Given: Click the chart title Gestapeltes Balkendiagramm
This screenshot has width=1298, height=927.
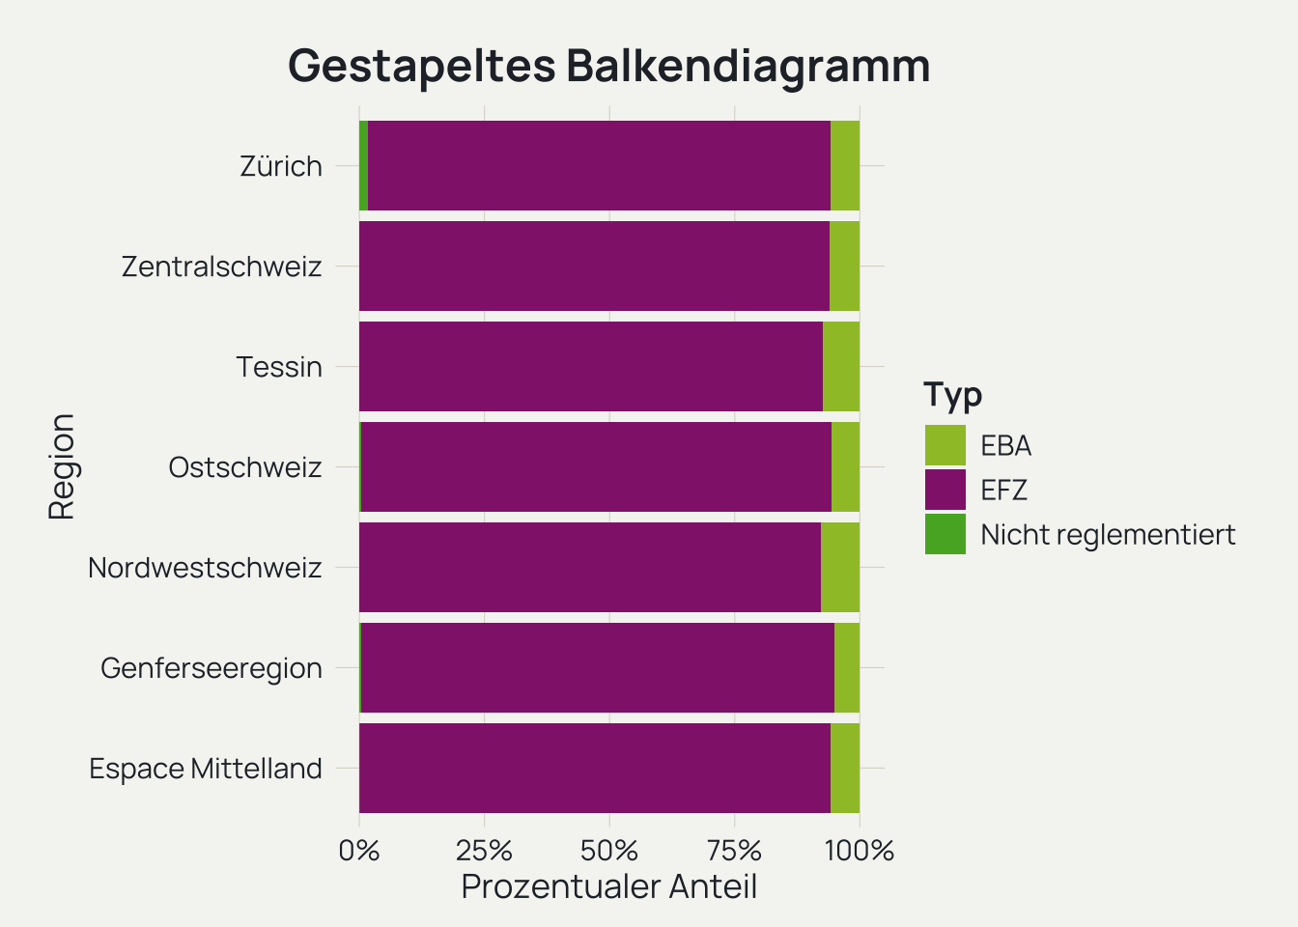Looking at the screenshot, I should [x=608, y=66].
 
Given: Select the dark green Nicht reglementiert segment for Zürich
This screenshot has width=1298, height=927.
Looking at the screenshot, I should [x=363, y=165].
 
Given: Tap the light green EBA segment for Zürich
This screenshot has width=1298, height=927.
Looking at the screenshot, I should [x=845, y=165].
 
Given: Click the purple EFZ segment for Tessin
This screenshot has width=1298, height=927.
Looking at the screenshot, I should [x=591, y=367].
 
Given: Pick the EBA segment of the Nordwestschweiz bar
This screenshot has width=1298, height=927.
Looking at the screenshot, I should [x=840, y=568].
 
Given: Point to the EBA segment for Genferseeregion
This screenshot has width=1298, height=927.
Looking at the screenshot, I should [x=847, y=668].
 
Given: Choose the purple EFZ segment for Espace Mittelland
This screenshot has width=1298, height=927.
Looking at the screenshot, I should [x=595, y=769].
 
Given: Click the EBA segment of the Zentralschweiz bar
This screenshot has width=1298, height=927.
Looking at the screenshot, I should [x=845, y=267].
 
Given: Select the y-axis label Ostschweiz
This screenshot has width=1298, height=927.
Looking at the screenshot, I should [x=244, y=467].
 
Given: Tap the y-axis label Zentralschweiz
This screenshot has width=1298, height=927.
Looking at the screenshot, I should [x=221, y=267].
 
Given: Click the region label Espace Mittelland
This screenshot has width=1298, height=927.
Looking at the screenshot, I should [x=206, y=769].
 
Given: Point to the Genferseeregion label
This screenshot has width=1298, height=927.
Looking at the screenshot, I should [x=211, y=668].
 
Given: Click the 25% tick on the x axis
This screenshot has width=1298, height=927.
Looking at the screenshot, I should [x=484, y=851].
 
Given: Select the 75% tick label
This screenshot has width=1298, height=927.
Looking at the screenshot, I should [x=735, y=851].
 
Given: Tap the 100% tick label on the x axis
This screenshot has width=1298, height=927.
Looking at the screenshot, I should [x=860, y=851].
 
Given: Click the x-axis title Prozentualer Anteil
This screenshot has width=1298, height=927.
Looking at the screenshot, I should [x=608, y=886].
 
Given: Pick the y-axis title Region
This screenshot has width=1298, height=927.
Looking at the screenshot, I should [x=62, y=467].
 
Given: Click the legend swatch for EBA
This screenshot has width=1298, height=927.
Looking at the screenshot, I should [x=945, y=445].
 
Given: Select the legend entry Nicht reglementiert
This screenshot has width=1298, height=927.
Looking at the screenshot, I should [x=1108, y=534].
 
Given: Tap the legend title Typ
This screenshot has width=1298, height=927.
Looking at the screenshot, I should [x=952, y=394].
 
